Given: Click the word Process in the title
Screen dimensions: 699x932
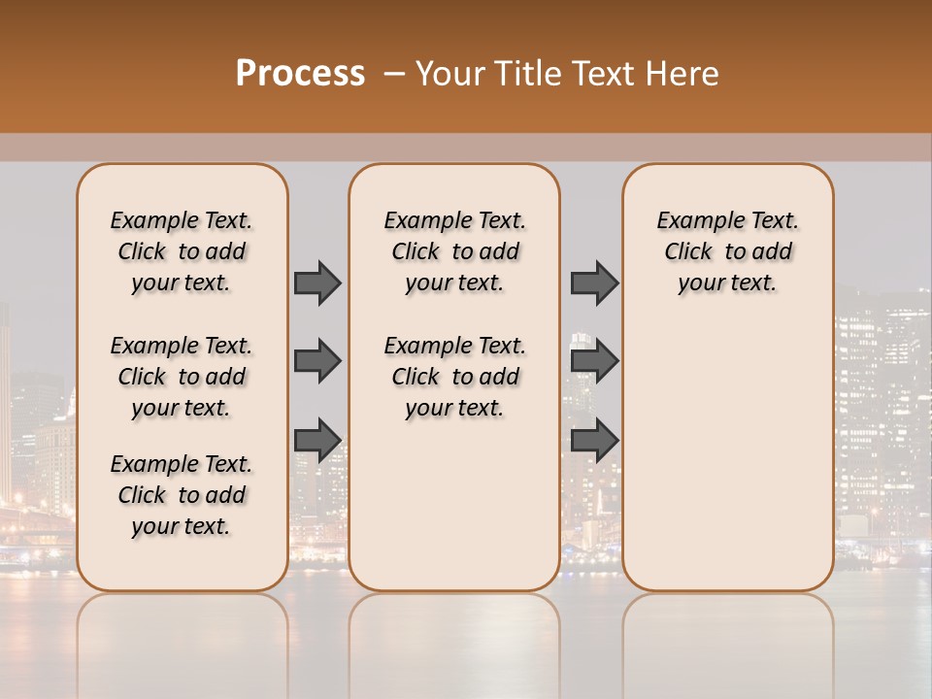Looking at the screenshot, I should coord(300,74).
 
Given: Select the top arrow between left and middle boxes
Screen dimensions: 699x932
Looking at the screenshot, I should coord(317,283).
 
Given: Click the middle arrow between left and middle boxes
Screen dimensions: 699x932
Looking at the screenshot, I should coord(317,361).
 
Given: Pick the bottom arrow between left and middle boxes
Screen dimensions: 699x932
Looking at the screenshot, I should coord(317,440).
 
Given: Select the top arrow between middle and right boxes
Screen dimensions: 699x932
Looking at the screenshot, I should coord(594,283).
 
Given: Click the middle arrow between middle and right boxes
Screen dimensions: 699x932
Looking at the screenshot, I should coord(594,361).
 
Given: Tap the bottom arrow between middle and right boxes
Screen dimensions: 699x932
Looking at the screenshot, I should coord(594,440).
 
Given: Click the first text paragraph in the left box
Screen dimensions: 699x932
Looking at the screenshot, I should coord(182,251).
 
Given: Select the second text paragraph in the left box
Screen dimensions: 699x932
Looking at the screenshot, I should coord(182,377).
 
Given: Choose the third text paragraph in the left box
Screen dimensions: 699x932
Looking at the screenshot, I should coord(182,495).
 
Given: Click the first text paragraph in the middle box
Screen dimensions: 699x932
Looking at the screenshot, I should coord(454,251).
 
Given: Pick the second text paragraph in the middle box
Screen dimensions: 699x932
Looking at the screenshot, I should coord(454,377).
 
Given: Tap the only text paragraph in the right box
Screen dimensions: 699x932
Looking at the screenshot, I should coord(727,251).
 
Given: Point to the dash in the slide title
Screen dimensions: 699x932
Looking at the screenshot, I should coord(394,74).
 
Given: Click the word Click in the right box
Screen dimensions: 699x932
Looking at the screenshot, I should coord(689,252).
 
